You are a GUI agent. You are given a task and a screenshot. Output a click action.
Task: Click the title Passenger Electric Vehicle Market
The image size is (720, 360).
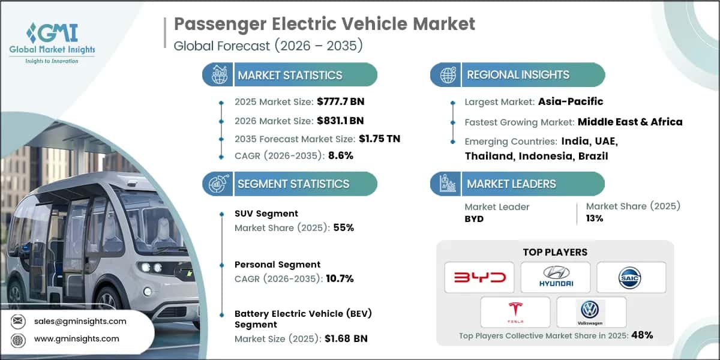click(324, 24)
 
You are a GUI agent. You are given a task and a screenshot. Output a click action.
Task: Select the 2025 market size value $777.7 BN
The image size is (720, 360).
click(337, 102)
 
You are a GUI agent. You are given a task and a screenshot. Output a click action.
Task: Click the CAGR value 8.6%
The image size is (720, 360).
click(340, 155)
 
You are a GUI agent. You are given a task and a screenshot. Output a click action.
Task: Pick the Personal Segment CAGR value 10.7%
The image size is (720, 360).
click(338, 278)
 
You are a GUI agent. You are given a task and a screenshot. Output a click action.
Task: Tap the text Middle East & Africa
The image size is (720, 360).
click(630, 122)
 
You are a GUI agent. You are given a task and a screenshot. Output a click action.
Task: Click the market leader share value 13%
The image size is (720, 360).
click(595, 218)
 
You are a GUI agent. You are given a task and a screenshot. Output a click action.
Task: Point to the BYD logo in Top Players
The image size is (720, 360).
click(479, 277)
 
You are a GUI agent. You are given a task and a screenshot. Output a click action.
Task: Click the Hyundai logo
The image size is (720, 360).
click(555, 277)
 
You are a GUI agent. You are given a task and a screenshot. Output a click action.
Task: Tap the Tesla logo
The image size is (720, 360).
click(515, 312)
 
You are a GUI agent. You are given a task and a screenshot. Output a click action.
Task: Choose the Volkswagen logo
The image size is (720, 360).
click(591, 312)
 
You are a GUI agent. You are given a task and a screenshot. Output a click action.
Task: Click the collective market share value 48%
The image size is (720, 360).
click(641, 335)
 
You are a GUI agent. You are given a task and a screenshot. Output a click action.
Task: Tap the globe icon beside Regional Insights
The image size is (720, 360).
click(446, 75)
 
